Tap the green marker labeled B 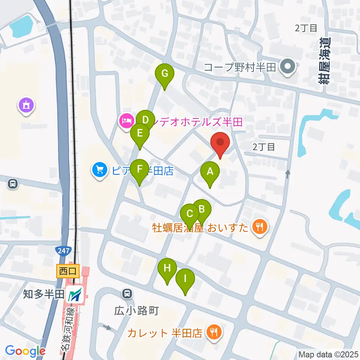click(202, 208)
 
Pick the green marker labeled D click(145, 120)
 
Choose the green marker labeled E click(140, 133)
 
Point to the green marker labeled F click(140, 169)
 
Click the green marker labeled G click(165, 73)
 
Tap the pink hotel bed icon click(124, 120)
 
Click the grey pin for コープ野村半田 click(288, 67)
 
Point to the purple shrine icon click(27, 105)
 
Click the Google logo click(25, 351)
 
